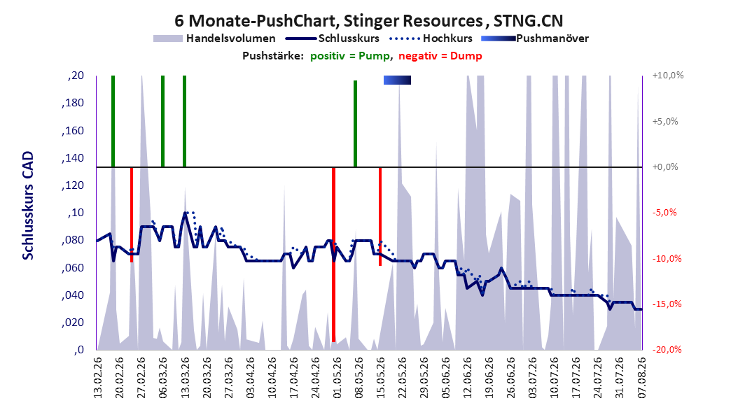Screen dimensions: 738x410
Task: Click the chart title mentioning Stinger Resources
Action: point(368,21)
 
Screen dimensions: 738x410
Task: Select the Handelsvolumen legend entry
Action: point(215,38)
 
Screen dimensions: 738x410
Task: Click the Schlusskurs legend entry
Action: point(333,38)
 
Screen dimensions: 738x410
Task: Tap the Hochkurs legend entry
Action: point(431,38)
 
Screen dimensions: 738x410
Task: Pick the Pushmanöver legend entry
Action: point(535,38)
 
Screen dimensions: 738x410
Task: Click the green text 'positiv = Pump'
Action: point(350,56)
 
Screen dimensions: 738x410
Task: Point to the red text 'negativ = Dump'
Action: point(440,56)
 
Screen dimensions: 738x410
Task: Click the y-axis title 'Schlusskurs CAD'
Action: point(28,206)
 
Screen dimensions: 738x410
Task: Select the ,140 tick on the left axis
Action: point(73,157)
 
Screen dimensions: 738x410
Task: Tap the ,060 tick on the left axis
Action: point(73,267)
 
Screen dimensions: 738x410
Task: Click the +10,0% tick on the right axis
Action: point(668,76)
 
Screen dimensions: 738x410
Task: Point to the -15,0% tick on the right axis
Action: point(667,304)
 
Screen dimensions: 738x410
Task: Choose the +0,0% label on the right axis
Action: point(665,167)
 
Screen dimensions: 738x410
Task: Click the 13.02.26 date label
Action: point(98,378)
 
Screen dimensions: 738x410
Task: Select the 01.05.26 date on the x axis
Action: point(337,378)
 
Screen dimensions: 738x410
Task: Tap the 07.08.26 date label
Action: point(641,378)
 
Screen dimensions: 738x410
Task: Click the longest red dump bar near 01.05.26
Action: point(333,255)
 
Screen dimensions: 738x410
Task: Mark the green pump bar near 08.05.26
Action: point(356,124)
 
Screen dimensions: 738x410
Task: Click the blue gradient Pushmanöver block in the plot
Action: point(397,80)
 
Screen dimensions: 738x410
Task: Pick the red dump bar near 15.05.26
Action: point(380,216)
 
